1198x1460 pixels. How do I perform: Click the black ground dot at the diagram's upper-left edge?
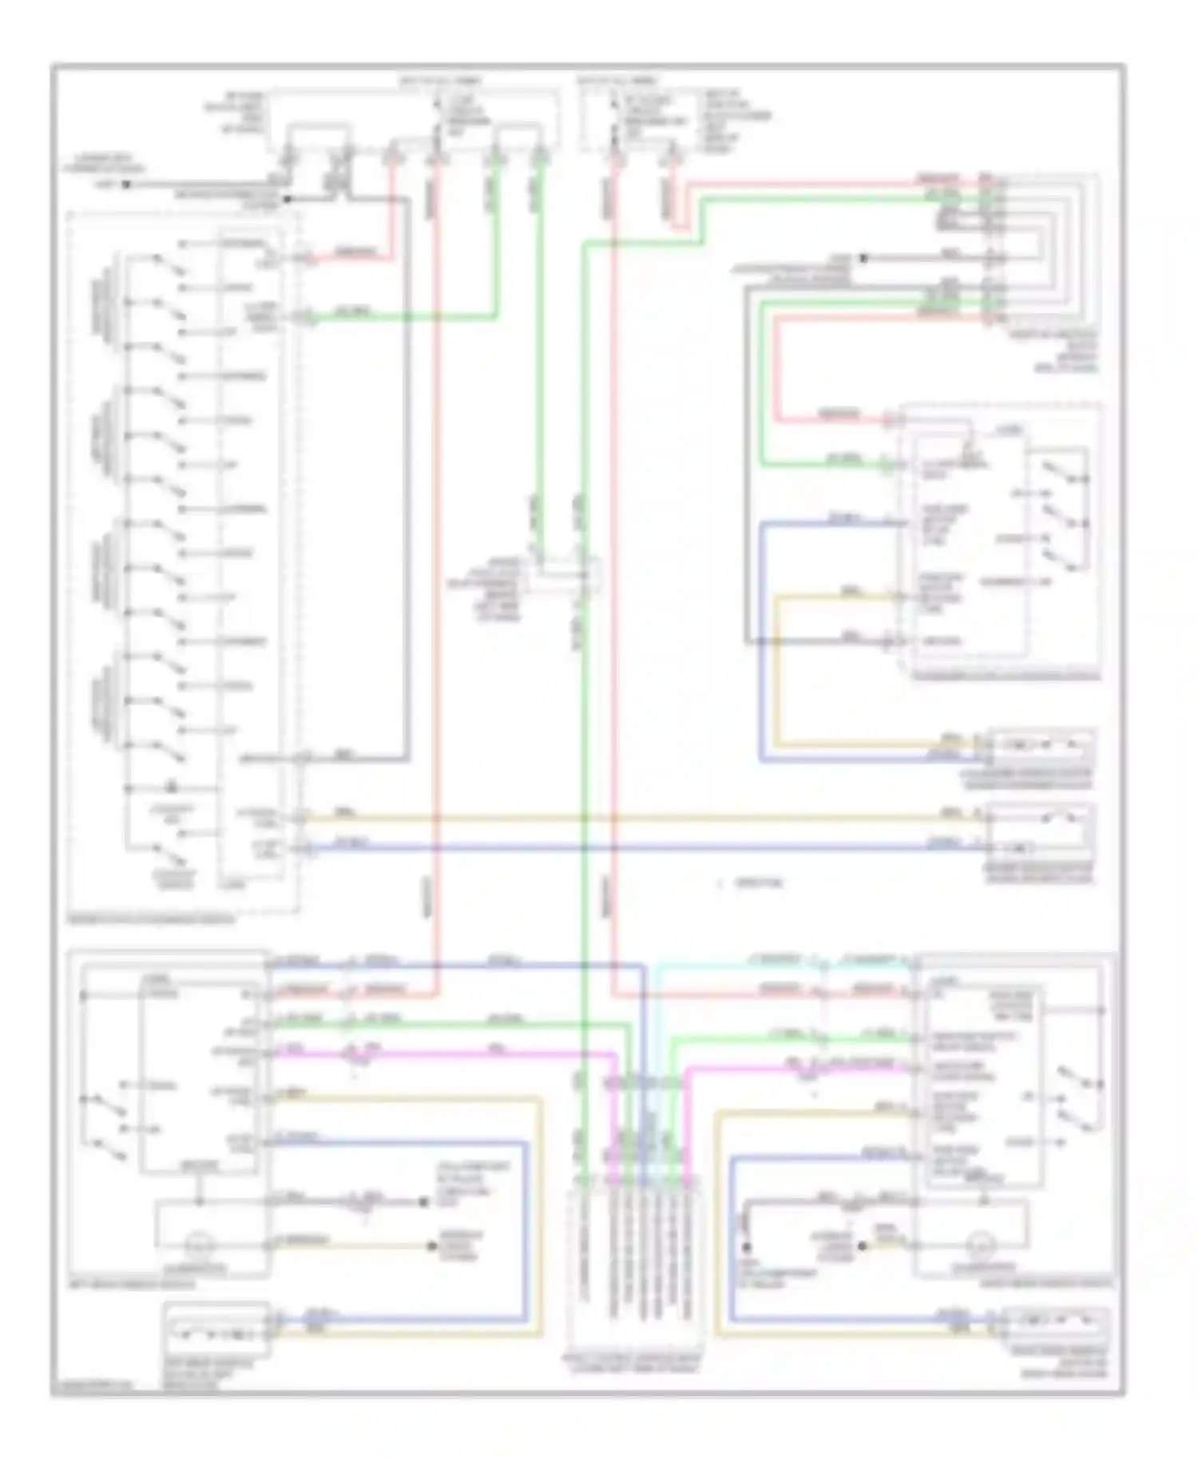[126, 185]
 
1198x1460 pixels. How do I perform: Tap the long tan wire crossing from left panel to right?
[639, 819]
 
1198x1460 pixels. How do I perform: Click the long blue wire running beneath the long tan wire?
[639, 847]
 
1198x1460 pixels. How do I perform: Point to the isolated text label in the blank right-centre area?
[751, 883]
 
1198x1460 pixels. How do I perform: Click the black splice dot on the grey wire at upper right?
[863, 259]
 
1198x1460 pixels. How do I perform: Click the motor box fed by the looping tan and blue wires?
[1041, 746]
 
